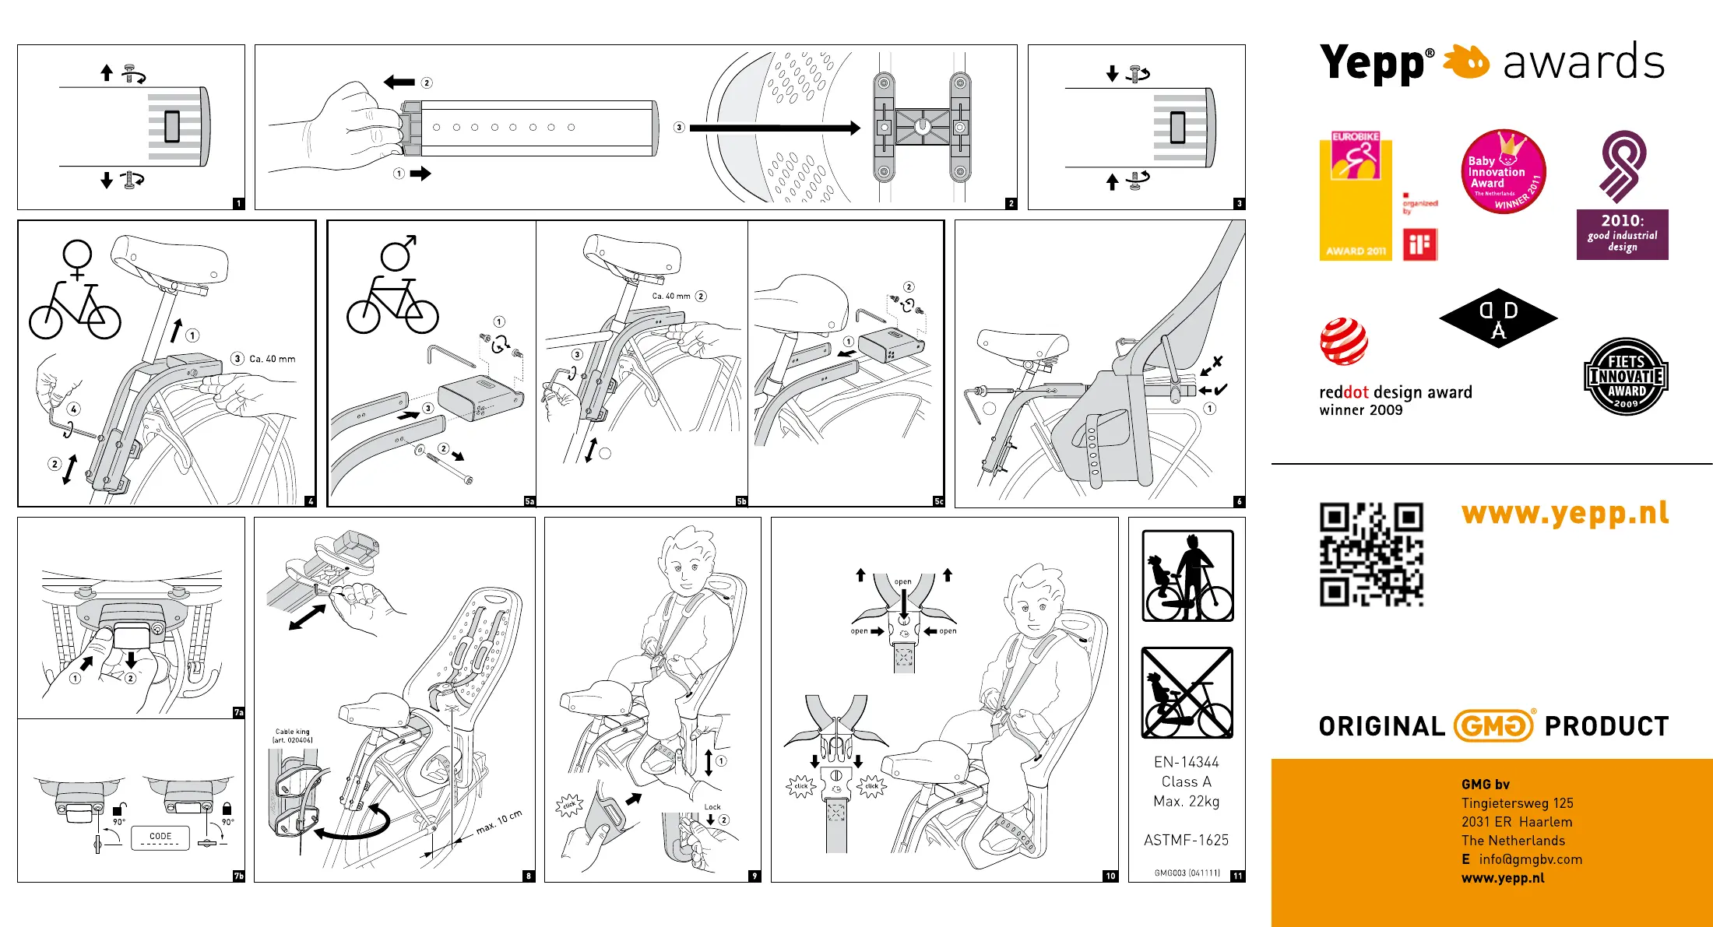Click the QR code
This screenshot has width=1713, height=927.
[1371, 554]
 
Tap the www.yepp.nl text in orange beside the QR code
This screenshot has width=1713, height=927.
[1565, 514]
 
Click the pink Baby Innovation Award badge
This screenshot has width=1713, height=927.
[1503, 172]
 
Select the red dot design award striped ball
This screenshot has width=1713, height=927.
[1343, 342]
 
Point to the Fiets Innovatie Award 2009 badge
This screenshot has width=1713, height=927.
[1626, 377]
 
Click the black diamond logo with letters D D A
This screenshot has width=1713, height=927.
[1498, 318]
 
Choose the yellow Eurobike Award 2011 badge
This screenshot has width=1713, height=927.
[1356, 196]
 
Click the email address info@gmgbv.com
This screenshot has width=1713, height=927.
[1530, 859]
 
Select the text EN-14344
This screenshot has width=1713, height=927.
[1187, 762]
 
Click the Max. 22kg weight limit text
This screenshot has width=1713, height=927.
[1187, 801]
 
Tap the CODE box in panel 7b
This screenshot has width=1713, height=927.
[160, 837]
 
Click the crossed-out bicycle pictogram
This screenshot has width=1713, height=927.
[1187, 693]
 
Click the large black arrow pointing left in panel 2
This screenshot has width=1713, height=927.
[399, 82]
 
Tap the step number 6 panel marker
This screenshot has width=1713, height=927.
[1239, 501]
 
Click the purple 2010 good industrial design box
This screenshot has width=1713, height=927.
[1622, 234]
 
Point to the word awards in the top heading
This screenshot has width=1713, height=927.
[1583, 63]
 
